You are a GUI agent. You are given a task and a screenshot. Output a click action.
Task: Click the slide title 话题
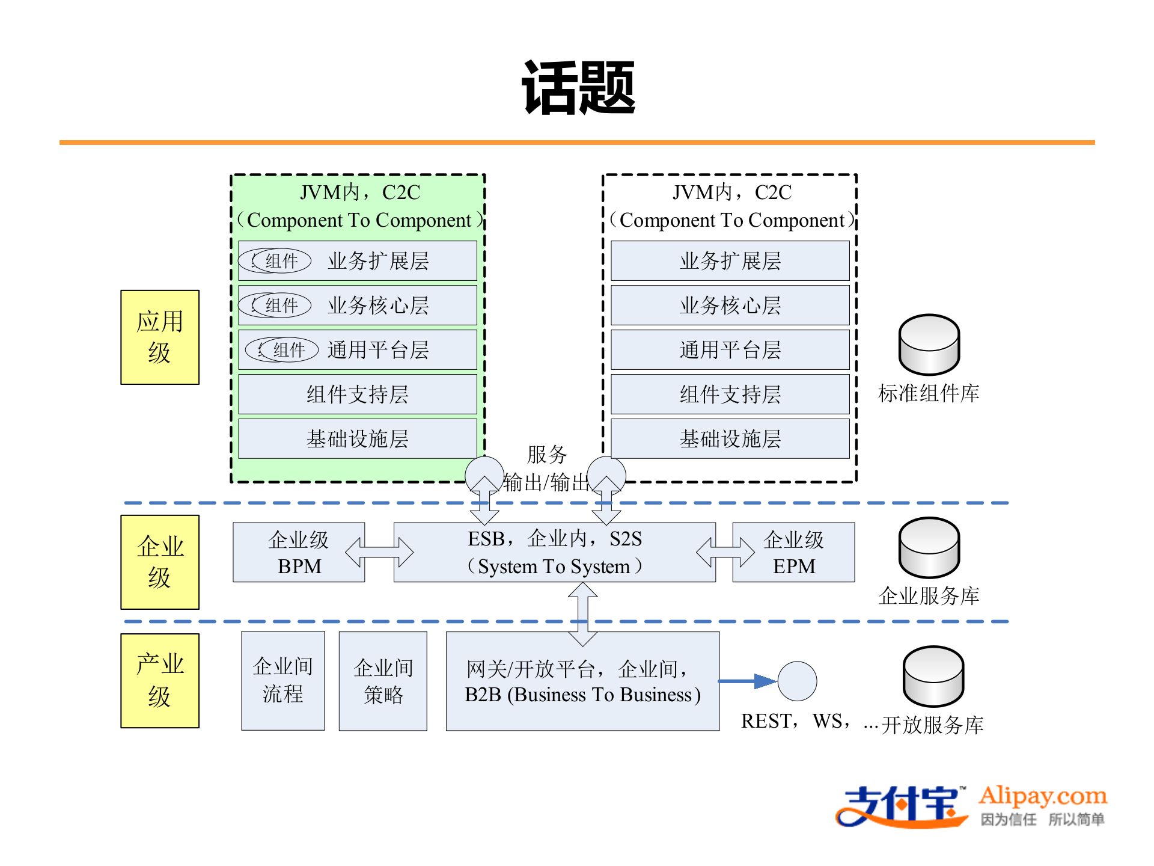578,88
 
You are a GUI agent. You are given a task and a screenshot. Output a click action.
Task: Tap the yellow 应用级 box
160,337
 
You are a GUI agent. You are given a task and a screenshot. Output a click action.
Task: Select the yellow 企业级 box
160,562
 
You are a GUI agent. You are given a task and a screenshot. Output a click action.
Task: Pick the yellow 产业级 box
160,681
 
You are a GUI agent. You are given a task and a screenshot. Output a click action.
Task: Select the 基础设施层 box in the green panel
358,439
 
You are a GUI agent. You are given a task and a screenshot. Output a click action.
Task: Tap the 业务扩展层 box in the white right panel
730,261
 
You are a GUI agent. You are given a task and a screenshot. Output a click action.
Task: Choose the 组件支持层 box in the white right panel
730,395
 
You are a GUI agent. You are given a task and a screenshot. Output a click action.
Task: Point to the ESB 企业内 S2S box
554,553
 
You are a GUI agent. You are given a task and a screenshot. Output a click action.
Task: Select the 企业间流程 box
283,681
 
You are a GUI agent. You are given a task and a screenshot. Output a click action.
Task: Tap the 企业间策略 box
383,681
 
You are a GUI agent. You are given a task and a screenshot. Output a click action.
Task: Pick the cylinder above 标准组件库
929,345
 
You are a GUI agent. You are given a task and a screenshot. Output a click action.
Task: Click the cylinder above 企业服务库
929,548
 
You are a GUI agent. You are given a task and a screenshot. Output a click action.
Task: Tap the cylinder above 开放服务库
933,677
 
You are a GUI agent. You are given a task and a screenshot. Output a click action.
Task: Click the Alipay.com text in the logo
1043,796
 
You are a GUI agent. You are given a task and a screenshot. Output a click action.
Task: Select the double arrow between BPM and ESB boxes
379,552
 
